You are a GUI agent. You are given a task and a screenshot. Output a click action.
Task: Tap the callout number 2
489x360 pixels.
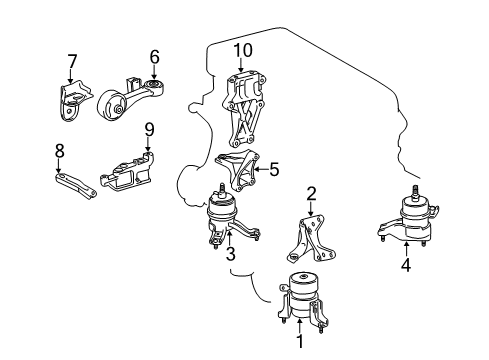[311, 193]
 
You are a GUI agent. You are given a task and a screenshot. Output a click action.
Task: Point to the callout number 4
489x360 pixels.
[405, 265]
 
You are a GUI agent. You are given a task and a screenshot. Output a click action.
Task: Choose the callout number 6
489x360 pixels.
[154, 57]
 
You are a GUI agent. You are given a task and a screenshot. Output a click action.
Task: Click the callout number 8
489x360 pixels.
[58, 151]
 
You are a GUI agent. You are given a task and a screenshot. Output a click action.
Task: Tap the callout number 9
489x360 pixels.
[148, 129]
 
